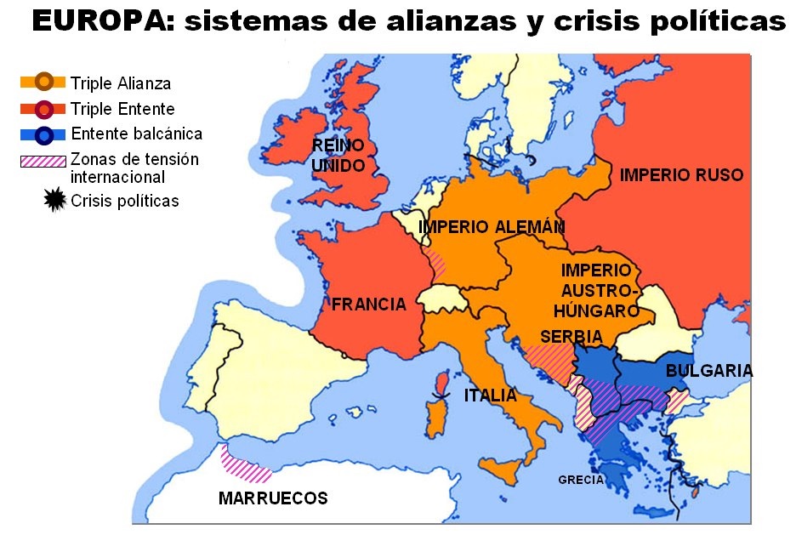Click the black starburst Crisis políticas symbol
pos(54,201)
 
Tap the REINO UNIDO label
pos(338,154)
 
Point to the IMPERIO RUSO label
pos(681,175)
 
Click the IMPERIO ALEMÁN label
pos(492,227)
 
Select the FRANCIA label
pos(368,304)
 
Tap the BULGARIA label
pos(708,371)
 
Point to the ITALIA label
pos(490,396)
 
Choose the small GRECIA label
pos(581,480)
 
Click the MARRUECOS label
pos(272,498)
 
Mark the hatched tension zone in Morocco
pos(244,464)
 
